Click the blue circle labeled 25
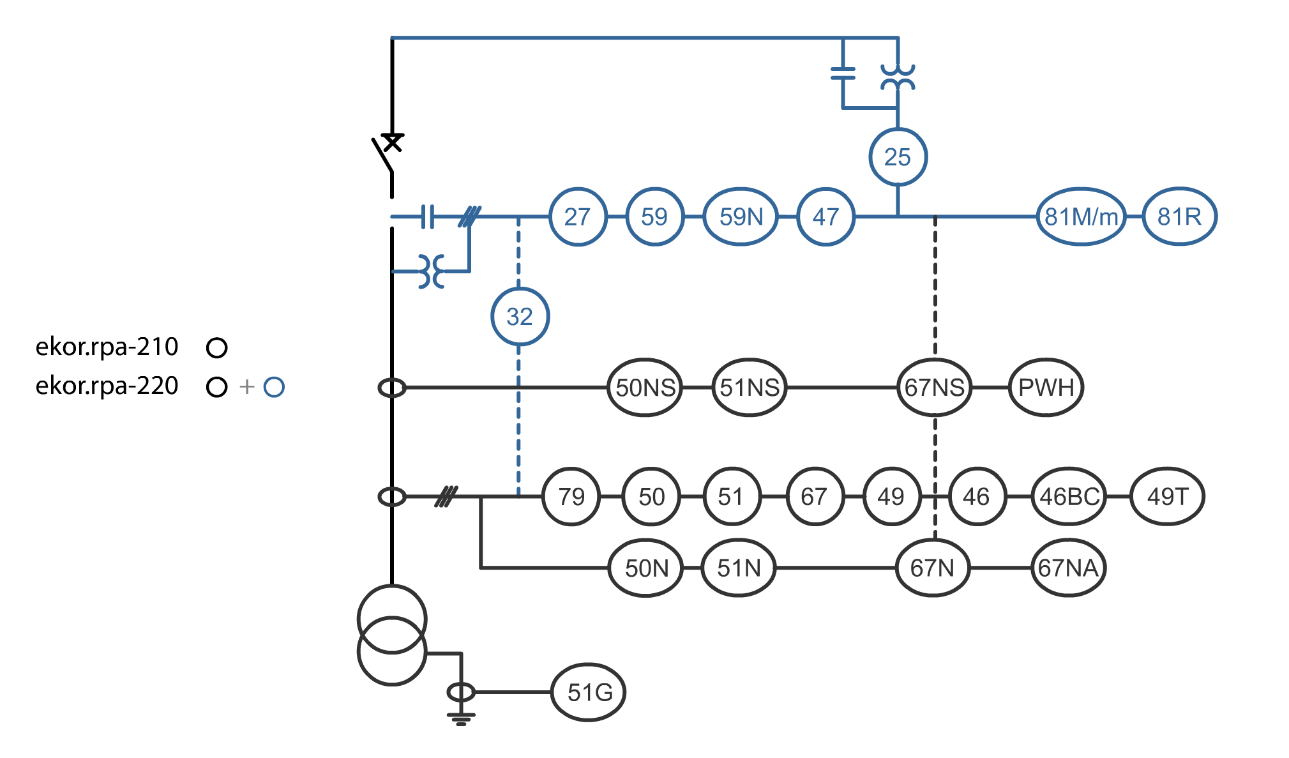(898, 157)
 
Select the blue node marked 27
(577, 217)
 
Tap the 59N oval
(741, 217)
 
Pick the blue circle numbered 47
(825, 217)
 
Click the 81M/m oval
(1080, 217)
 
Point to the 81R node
(1179, 217)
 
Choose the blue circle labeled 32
(520, 317)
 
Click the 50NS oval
(645, 388)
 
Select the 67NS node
(934, 388)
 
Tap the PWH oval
(1045, 388)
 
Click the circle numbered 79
(571, 497)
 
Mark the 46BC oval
(1069, 497)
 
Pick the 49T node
(1167, 497)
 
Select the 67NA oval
(1067, 568)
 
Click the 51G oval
(589, 693)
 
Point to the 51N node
(738, 568)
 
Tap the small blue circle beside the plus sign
(274, 387)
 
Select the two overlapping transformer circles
(391, 635)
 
